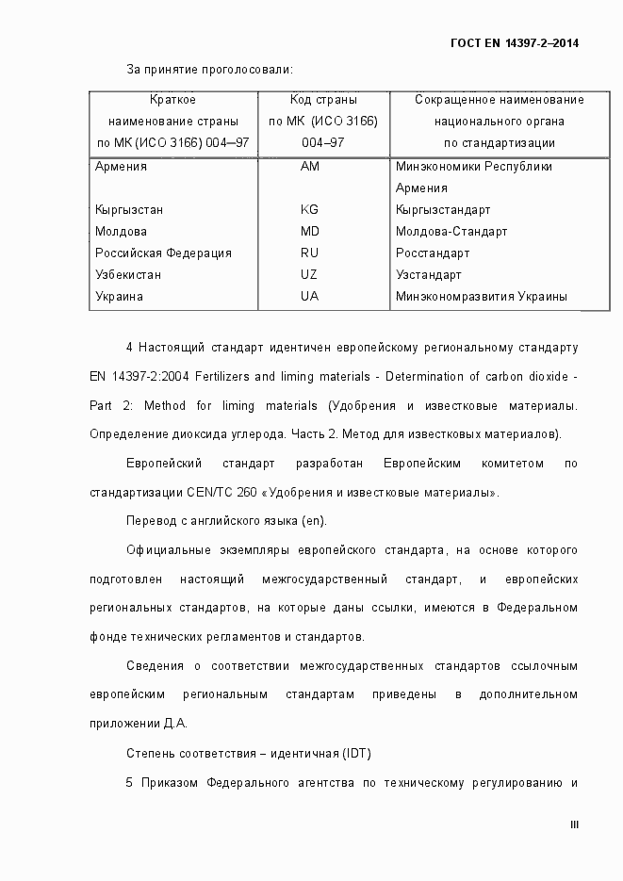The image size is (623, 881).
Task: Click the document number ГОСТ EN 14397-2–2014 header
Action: (x=515, y=43)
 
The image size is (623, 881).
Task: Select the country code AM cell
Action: (x=310, y=167)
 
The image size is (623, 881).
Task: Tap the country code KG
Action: (x=310, y=209)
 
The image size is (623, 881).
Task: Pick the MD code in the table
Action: (x=310, y=231)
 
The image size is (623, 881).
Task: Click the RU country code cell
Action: (x=310, y=253)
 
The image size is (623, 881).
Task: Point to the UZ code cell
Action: (x=310, y=274)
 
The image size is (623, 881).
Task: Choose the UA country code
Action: (x=310, y=296)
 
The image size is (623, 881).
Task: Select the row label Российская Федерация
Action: (x=163, y=253)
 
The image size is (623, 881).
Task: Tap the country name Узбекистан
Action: (x=128, y=274)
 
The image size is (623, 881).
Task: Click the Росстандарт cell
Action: (x=433, y=253)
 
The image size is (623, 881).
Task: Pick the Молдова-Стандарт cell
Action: (x=451, y=231)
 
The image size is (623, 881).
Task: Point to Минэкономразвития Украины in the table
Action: (x=482, y=296)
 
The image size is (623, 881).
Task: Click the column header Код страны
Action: (x=323, y=99)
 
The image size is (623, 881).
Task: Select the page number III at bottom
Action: (x=574, y=825)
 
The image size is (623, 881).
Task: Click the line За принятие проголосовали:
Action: (x=209, y=69)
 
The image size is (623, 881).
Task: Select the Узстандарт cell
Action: (x=429, y=274)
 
